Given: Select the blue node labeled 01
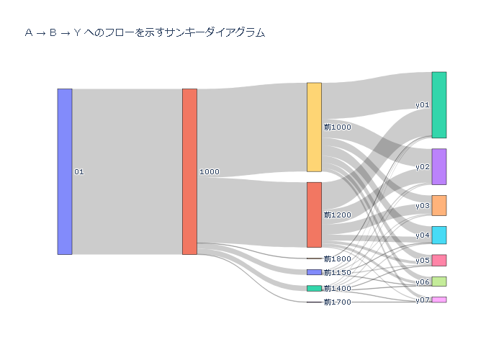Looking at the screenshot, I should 65,171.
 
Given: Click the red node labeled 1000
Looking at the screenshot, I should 189,171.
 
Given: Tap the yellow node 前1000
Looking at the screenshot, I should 314,127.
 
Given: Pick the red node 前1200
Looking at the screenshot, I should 314,215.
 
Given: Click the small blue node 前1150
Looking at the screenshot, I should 314,272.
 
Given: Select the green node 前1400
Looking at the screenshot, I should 314,288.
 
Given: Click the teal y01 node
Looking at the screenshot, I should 438,104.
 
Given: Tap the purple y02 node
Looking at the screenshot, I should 438,166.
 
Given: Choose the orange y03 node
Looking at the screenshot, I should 438,205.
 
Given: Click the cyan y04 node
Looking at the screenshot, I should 438,235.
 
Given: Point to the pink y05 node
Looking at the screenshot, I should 438,260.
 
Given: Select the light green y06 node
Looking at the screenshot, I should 438,282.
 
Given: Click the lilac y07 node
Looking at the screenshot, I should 438,300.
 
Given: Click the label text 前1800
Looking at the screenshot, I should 338,258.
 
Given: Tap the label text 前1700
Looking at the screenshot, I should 338,302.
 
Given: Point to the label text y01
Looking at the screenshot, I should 423,105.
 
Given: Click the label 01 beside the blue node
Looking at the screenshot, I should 79,172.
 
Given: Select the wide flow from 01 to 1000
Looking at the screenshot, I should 127,171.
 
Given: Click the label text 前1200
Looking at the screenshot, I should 338,215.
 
